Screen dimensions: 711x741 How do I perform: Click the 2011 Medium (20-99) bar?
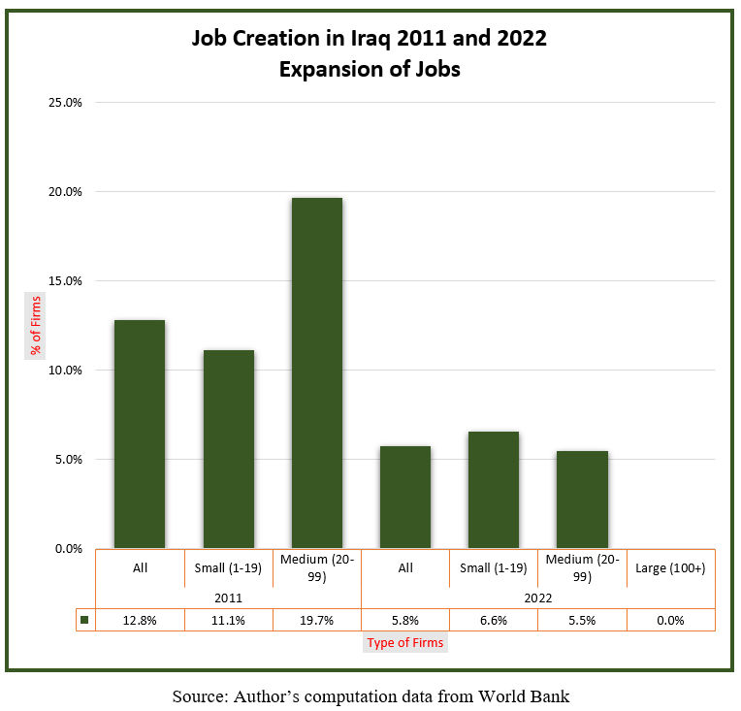tap(317, 373)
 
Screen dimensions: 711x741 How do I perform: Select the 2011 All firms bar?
tap(140, 435)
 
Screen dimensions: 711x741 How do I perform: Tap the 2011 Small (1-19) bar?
tap(228, 449)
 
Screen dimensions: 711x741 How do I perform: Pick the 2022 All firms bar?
tap(405, 497)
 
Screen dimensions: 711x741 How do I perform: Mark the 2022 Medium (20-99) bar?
tap(582, 500)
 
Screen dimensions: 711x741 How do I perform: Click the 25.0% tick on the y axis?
tap(65, 102)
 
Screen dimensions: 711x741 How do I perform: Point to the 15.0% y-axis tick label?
tap(65, 280)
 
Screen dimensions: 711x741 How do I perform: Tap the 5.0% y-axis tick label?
tap(67, 459)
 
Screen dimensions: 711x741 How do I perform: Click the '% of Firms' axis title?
tap(36, 325)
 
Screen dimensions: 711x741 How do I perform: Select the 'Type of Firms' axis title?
tap(405, 642)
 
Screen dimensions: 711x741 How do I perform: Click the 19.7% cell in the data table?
tap(317, 620)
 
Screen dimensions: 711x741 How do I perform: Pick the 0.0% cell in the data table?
tap(670, 620)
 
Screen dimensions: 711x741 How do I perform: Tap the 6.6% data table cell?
tap(494, 620)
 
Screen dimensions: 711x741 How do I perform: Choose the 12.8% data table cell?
tap(140, 620)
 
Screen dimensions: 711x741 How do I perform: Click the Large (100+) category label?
tap(670, 567)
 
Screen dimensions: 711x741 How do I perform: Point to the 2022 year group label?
tap(537, 598)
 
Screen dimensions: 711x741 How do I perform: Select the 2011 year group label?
tap(228, 598)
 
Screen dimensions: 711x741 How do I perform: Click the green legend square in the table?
tap(84, 620)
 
